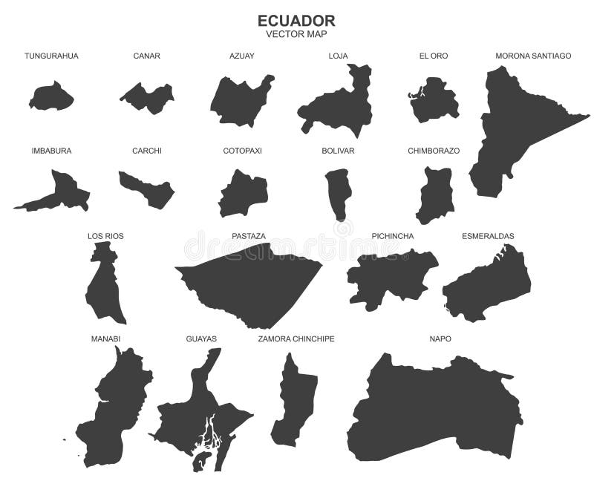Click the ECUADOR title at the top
tap(296, 20)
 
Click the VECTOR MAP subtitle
tap(296, 34)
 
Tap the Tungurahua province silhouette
tap(51, 96)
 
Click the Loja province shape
tap(339, 104)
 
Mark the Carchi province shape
tap(148, 190)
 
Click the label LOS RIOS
tap(105, 236)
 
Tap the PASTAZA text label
tap(249, 236)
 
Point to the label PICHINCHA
tap(393, 236)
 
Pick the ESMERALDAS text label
tap(488, 236)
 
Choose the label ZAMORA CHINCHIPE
tap(296, 338)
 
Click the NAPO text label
tap(440, 338)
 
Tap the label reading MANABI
tap(105, 338)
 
